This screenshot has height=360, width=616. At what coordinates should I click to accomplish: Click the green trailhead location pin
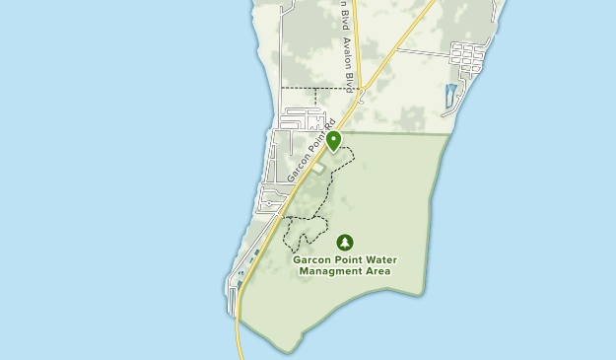(x=333, y=141)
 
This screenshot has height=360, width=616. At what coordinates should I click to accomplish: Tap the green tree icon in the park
(x=344, y=242)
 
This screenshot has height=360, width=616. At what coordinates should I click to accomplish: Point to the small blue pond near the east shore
(x=450, y=95)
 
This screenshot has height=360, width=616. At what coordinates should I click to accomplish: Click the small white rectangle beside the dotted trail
(x=318, y=170)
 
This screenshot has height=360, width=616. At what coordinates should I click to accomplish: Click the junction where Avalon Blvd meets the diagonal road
(x=362, y=90)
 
